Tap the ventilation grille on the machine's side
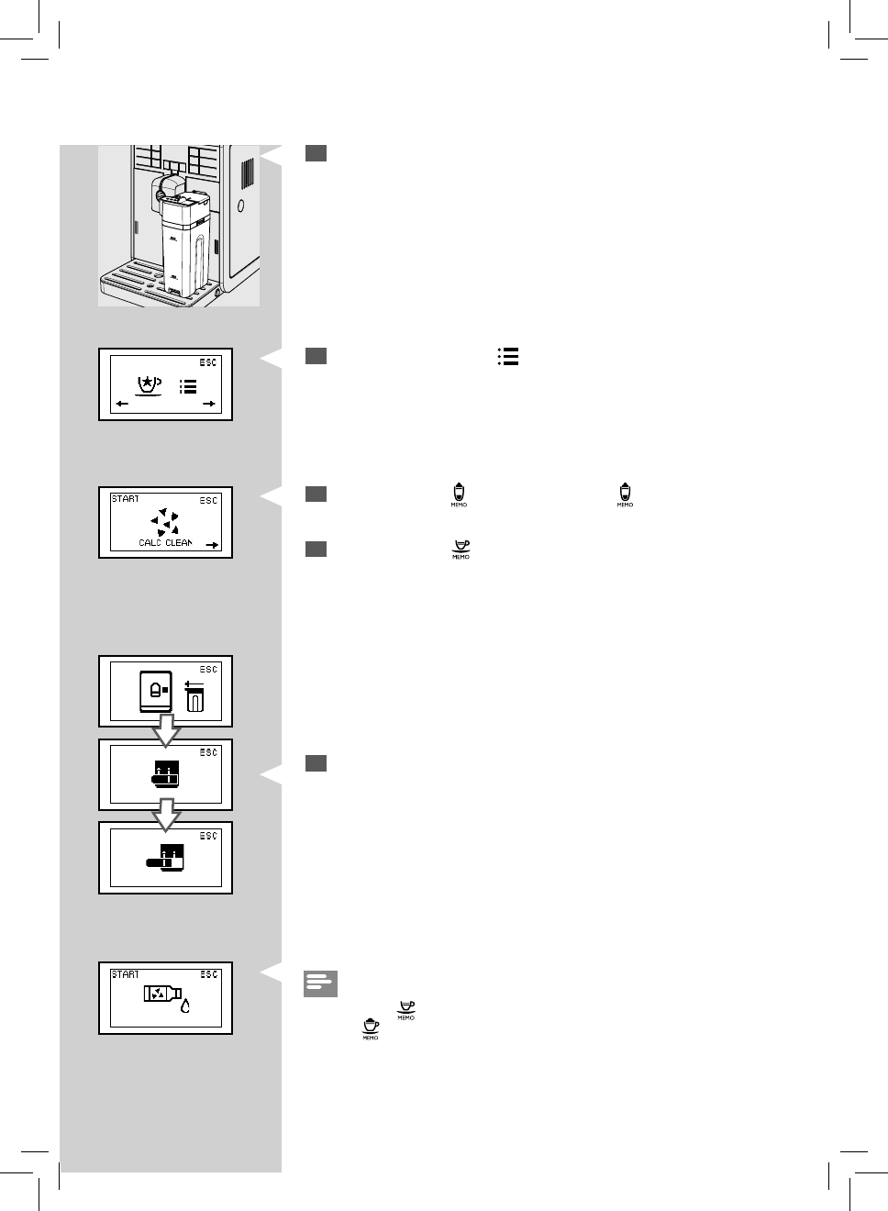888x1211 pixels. [246, 175]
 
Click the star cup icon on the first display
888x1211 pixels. [146, 385]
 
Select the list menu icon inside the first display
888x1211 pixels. [187, 386]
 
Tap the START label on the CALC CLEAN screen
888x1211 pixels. [125, 499]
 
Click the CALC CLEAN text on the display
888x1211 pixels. [165, 543]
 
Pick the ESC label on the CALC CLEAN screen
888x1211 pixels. [209, 500]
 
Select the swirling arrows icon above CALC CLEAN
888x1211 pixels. [165, 521]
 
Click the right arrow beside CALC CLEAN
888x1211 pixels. [212, 545]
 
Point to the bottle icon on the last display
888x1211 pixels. [161, 993]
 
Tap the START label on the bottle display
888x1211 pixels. [125, 974]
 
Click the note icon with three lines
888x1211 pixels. [321, 983]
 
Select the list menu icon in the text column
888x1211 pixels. [507, 357]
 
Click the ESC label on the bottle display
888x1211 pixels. [209, 974]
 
